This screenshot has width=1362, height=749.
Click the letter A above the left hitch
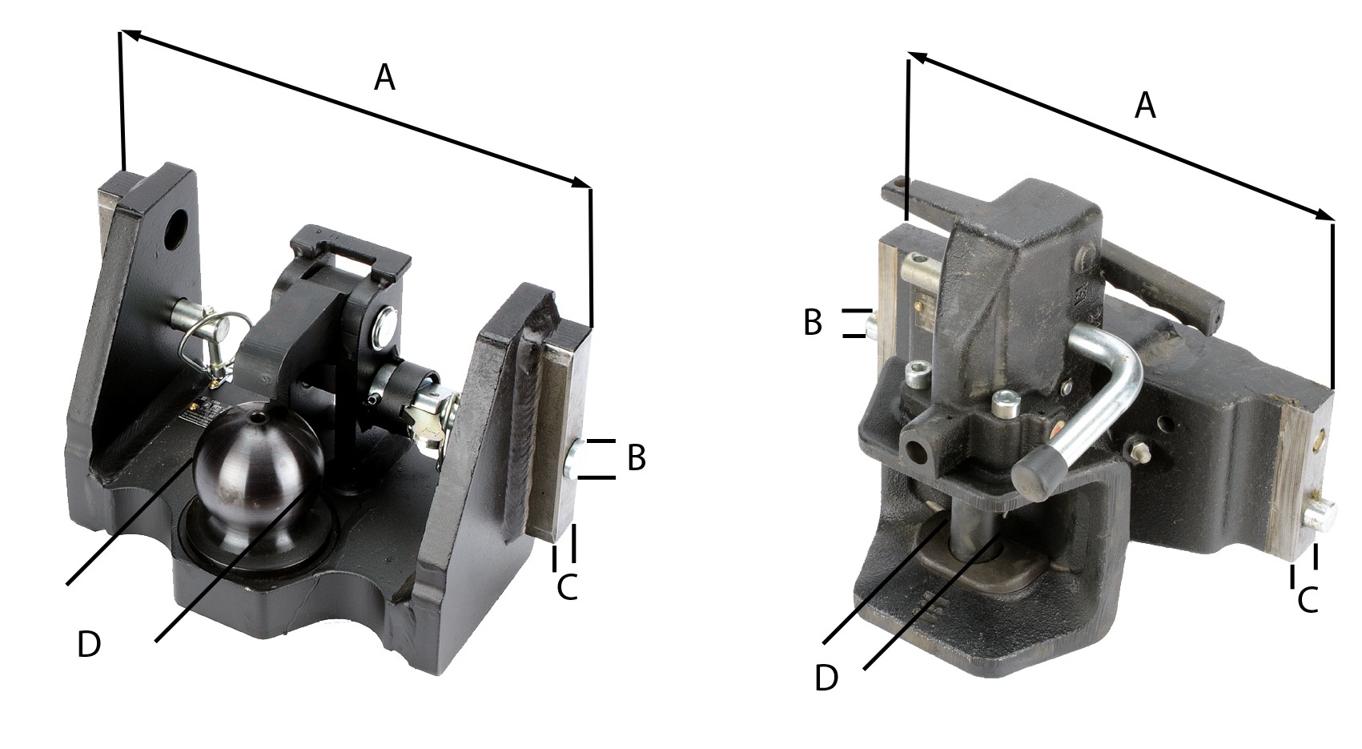pyautogui.click(x=384, y=79)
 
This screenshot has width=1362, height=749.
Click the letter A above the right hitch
pyautogui.click(x=1145, y=105)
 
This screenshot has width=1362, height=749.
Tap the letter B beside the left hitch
pyautogui.click(x=636, y=457)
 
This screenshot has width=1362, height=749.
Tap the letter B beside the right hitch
pyautogui.click(x=813, y=322)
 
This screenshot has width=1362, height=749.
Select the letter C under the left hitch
pyautogui.click(x=567, y=587)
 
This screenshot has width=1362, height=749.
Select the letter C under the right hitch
pyautogui.click(x=1308, y=599)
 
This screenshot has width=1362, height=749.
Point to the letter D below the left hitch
pyautogui.click(x=89, y=644)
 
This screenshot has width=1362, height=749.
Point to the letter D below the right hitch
pyautogui.click(x=826, y=678)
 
